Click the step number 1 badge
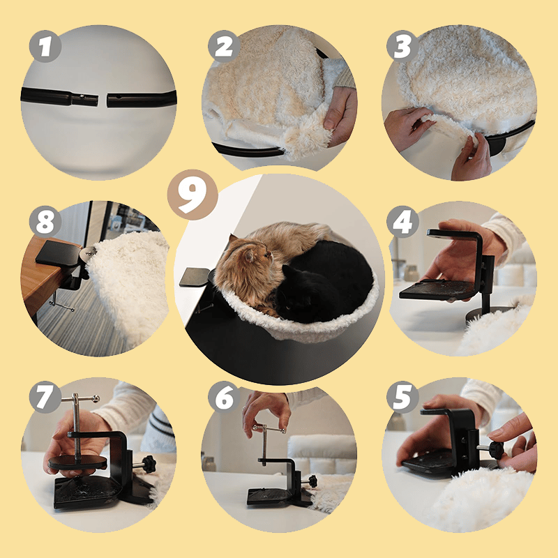click(45, 46)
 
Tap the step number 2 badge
click(224, 46)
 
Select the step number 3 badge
click(402, 46)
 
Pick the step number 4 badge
click(402, 222)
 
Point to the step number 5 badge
click(402, 397)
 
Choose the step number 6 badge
click(224, 397)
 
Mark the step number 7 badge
click(45, 397)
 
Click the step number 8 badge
click(45, 222)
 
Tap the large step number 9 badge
click(193, 195)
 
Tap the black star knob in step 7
click(149, 464)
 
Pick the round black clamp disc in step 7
click(77, 461)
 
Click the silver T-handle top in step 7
click(80, 398)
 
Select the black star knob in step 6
click(312, 481)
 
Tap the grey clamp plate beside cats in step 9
click(194, 277)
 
